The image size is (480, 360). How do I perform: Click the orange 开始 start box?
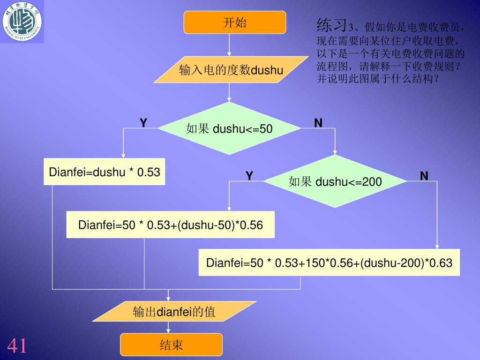(x=234, y=22)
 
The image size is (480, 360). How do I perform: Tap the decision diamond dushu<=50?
(x=229, y=128)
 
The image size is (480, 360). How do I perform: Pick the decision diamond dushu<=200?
(x=335, y=181)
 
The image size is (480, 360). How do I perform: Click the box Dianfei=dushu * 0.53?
(x=105, y=172)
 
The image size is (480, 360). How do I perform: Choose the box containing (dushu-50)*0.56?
(x=170, y=225)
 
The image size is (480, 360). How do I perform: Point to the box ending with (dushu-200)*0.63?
(x=329, y=262)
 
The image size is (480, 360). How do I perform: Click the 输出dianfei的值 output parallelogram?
(x=174, y=312)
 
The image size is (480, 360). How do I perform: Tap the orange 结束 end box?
(x=171, y=345)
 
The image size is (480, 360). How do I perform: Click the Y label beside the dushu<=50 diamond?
(x=143, y=123)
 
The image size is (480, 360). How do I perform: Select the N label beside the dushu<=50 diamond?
(x=318, y=123)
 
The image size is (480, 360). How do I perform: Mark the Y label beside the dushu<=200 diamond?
(x=249, y=176)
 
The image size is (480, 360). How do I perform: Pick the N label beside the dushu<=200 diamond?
(x=424, y=176)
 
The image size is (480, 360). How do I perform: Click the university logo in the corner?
(x=22, y=21)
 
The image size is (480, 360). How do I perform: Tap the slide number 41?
(x=17, y=346)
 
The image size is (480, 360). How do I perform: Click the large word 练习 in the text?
(x=332, y=24)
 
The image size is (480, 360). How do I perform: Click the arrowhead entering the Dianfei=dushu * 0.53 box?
(x=123, y=156)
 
